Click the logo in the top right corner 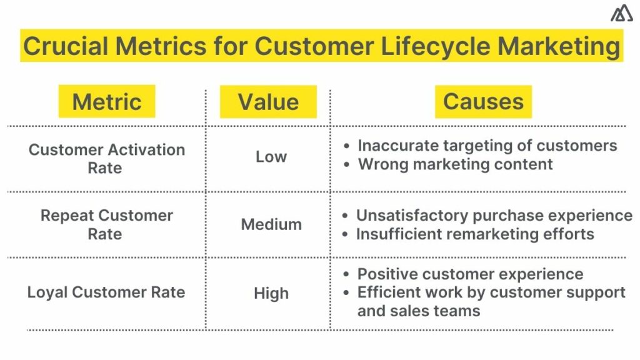pos(621,13)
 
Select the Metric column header pos(107,102)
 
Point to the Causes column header pos(483,102)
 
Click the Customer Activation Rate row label pos(107,159)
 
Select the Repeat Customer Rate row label pos(106,224)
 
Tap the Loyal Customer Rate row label pos(106,292)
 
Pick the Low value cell pos(271,157)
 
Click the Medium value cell pos(271,224)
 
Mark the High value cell pos(271,293)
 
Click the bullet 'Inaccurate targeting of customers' pos(487,146)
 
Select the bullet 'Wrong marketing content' pos(455,164)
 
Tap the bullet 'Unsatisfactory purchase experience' pos(494,216)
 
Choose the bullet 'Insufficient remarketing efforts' pos(475,234)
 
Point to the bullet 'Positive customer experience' pos(470,274)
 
